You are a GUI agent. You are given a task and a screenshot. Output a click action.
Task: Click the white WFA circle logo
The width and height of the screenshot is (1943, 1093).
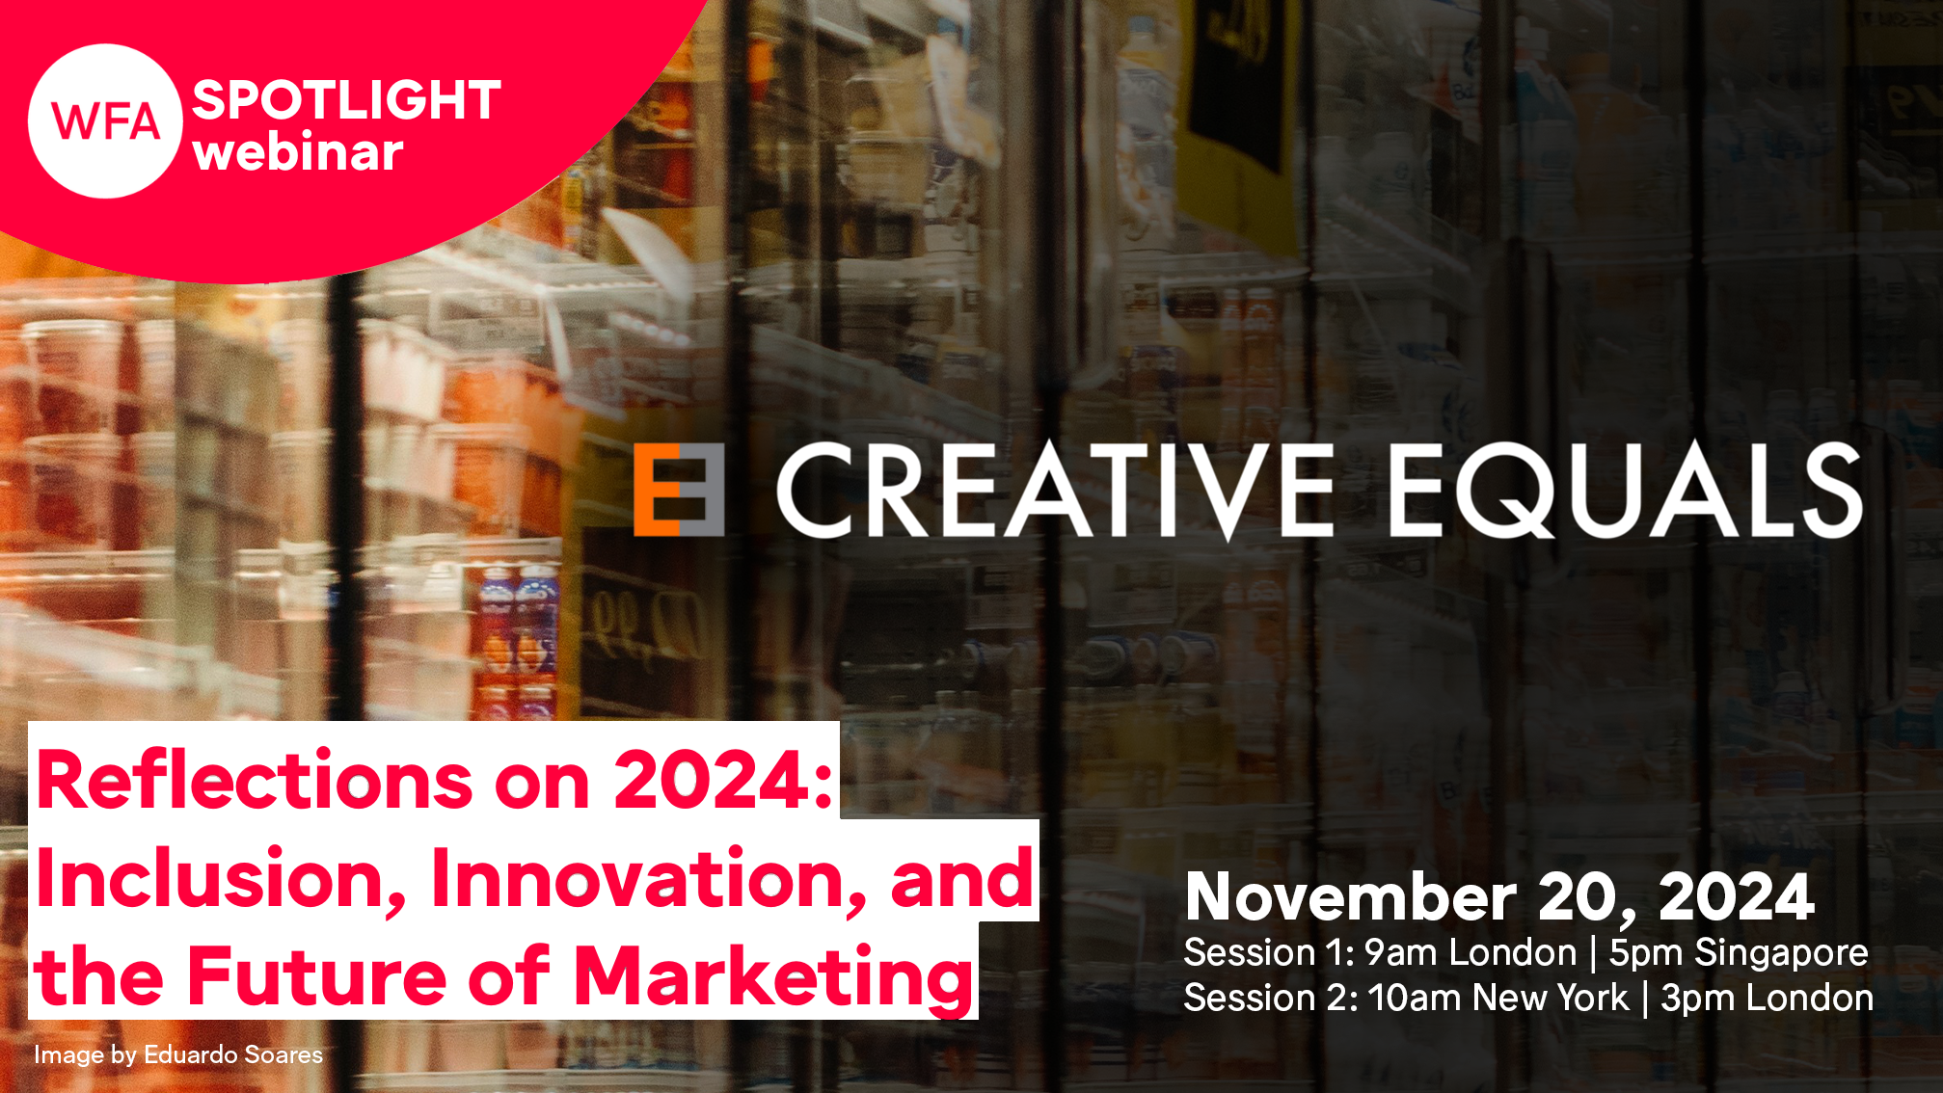[105, 121]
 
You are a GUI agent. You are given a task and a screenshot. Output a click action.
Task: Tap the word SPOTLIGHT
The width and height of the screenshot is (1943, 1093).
[346, 100]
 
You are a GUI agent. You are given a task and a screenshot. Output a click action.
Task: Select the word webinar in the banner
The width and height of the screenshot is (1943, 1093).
[298, 152]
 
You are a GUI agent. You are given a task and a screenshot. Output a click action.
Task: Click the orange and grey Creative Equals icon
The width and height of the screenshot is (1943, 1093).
[678, 490]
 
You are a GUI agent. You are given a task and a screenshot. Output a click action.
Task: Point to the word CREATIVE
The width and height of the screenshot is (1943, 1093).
[1056, 490]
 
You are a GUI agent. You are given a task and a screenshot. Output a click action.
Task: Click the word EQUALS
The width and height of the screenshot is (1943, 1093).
[1626, 490]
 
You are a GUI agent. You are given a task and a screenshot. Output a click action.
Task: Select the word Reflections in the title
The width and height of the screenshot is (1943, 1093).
[255, 780]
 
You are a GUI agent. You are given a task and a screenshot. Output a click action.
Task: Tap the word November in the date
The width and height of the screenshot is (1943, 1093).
[1351, 897]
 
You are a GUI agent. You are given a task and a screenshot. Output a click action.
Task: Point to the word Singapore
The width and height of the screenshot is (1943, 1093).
[1782, 954]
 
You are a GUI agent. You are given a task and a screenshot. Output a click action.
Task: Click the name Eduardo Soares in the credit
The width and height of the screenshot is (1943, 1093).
[233, 1054]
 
